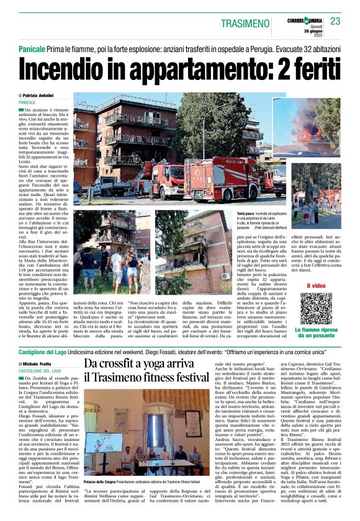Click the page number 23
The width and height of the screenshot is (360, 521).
tap(335, 22)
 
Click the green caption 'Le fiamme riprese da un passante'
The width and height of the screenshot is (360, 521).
tap(316, 334)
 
